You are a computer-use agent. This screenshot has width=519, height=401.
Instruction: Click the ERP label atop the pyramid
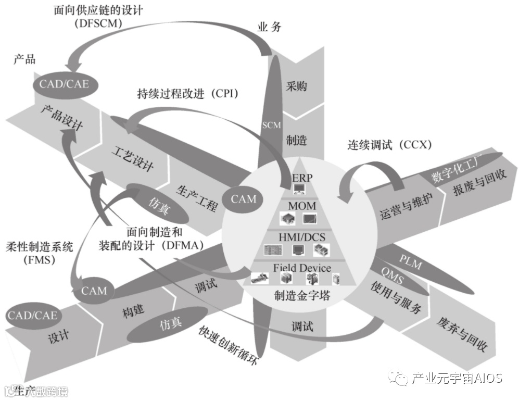click(x=302, y=178)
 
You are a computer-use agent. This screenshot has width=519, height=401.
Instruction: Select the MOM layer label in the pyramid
click(x=302, y=206)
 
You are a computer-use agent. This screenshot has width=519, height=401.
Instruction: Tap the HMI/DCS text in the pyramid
click(x=302, y=237)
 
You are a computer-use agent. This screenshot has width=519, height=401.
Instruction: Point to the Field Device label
click(x=302, y=268)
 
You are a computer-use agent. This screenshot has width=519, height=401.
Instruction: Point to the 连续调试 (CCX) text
click(x=390, y=145)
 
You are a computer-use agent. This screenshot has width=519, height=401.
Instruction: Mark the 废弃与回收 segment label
click(x=461, y=335)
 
